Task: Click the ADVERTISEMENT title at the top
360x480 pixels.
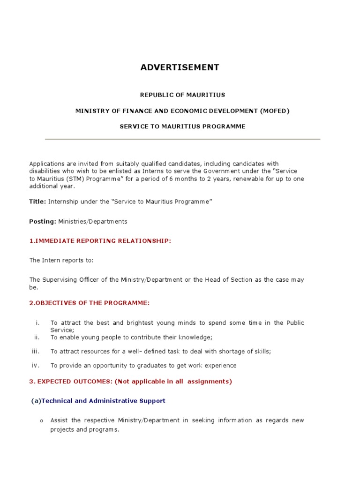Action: click(180, 67)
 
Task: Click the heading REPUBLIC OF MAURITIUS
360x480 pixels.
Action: click(182, 95)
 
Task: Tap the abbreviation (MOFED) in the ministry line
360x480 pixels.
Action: click(274, 111)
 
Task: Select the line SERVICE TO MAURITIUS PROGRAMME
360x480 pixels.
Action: click(182, 127)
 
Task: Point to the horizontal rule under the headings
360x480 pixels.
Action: click(182, 139)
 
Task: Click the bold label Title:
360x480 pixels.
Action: click(37, 201)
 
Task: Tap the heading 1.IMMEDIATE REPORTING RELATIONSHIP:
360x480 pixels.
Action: click(100, 241)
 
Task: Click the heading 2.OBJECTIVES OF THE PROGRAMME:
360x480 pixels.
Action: click(90, 303)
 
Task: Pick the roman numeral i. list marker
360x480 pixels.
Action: click(37, 322)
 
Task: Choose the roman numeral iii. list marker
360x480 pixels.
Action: click(36, 351)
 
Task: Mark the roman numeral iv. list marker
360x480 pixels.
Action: click(36, 365)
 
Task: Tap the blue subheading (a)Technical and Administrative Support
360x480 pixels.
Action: click(98, 401)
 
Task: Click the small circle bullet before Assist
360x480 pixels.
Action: click(41, 421)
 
